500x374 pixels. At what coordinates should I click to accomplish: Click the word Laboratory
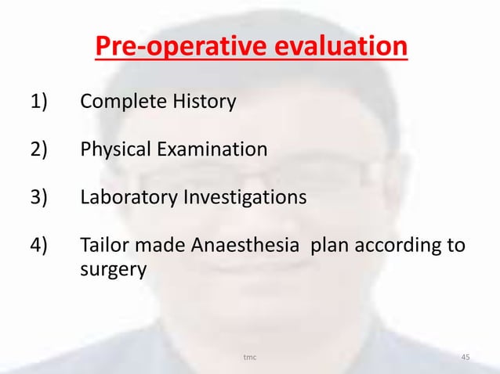coord(129,196)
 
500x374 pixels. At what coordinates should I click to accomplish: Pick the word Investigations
coord(245,196)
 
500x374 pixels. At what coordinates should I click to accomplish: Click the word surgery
coord(113,272)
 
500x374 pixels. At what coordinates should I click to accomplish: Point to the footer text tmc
coord(250,358)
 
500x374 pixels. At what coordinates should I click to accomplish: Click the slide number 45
coord(466,358)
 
